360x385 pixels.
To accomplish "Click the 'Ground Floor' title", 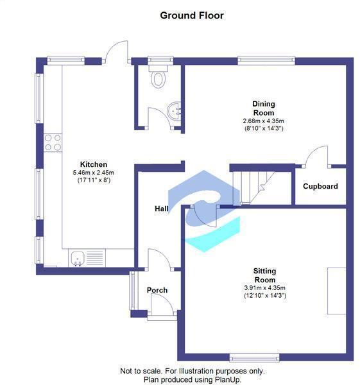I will [191, 15].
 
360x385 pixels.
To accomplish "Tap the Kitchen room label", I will [93, 164].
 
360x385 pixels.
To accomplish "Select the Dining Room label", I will [263, 108].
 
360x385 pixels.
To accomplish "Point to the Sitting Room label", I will [264, 276].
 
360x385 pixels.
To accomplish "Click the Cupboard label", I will [321, 187].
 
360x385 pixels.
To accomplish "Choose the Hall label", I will [161, 209].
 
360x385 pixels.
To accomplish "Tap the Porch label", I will [157, 290].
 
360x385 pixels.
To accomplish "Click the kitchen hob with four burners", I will [53, 142].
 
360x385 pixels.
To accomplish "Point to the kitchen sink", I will [78, 258].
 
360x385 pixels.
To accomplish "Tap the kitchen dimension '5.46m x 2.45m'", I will [93, 173].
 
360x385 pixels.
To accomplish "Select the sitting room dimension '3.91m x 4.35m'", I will [264, 287].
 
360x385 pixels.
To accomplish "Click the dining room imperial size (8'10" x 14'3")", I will [263, 129].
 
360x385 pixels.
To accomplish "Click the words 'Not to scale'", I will [142, 371].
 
